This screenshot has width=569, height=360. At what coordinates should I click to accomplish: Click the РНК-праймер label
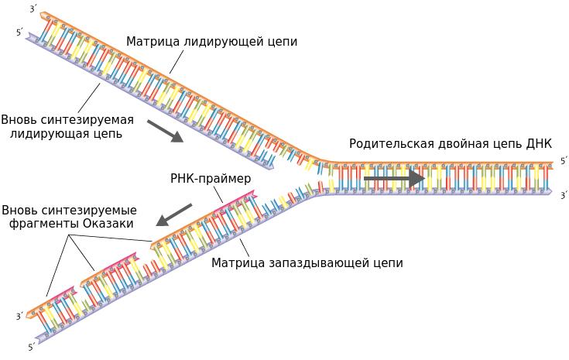click(x=211, y=179)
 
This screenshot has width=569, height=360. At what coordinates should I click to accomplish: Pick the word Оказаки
click(x=108, y=224)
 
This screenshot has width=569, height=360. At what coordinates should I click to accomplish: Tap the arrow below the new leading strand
click(x=165, y=131)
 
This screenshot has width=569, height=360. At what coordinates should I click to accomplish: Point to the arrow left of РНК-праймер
click(x=174, y=214)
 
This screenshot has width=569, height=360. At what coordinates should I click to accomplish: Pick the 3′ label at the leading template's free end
click(x=32, y=9)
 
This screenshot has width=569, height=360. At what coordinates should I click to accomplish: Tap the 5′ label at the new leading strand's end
click(x=19, y=32)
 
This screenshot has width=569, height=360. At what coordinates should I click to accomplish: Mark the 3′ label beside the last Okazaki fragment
click(x=19, y=317)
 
